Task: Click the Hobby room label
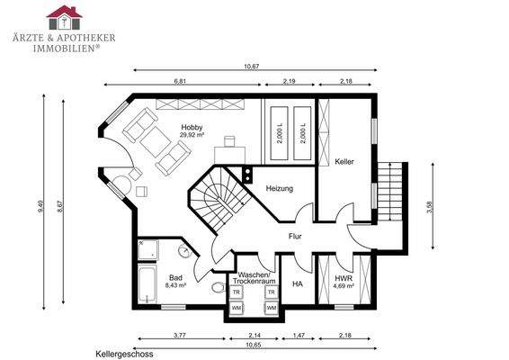(x=192, y=127)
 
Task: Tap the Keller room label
(x=344, y=162)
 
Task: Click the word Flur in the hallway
(x=294, y=237)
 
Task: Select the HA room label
(x=298, y=283)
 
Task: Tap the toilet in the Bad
(x=219, y=289)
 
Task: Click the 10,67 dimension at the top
(x=252, y=66)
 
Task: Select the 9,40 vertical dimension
(x=40, y=206)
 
